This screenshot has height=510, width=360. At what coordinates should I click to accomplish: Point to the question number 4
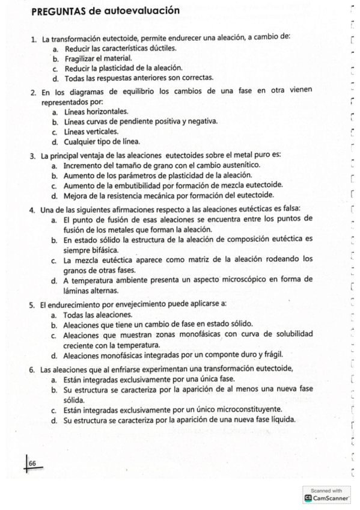coord(32,209)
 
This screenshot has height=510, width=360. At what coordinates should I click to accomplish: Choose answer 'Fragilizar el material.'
coord(98,59)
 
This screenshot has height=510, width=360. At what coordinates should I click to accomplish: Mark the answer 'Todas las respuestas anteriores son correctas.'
coord(138,79)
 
